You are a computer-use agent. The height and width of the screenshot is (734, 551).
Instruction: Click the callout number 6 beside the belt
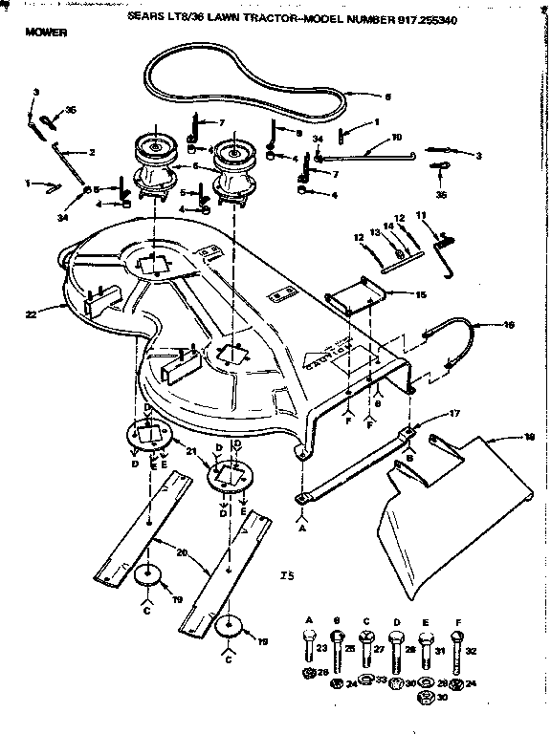pos(387,97)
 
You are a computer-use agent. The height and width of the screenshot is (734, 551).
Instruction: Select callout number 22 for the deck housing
pos(31,312)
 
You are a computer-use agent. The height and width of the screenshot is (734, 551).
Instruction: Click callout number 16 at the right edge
pos(509,325)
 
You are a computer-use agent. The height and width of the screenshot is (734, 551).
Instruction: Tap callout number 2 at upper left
pos(92,153)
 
